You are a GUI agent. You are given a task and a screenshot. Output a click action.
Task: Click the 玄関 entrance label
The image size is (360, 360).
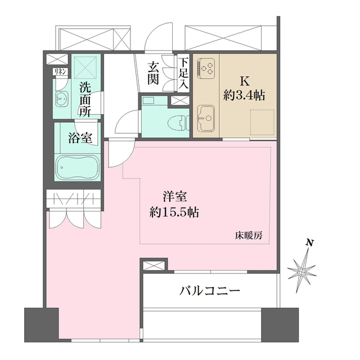tap(154, 73)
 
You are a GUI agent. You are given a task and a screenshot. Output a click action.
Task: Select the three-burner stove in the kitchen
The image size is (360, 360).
tap(206, 69)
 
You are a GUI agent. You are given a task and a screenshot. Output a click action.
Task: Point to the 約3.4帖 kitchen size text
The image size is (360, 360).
tap(244, 95)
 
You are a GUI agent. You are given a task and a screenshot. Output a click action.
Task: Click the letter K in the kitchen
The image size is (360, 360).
tap(244, 80)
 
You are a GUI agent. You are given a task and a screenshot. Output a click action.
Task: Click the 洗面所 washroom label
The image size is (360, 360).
tap(85, 99)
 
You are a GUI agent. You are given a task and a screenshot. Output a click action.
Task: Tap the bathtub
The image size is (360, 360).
tap(78, 167)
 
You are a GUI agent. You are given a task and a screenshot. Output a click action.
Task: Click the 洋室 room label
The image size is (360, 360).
tap(175, 197)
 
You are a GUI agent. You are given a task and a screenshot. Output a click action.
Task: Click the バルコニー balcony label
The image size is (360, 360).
tap(210, 291)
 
